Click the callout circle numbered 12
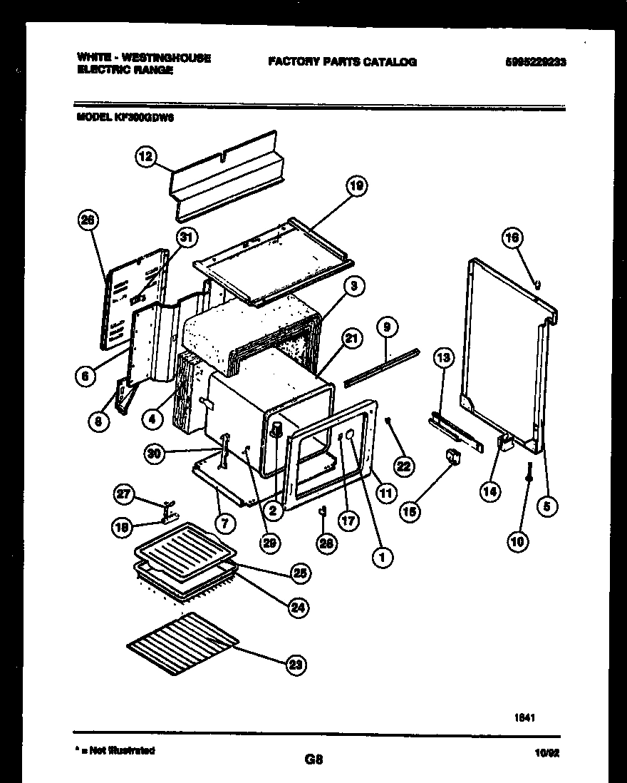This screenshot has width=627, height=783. point(145,159)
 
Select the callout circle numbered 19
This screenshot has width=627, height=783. point(356,187)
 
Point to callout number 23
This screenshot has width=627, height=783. point(295,665)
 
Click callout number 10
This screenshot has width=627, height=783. point(518,542)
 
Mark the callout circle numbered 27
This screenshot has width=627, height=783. point(124,493)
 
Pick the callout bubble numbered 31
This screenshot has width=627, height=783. point(187,238)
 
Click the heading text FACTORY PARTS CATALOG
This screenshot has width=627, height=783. point(342,62)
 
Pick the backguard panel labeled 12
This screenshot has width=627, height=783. point(228,176)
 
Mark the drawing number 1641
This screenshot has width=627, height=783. point(525,719)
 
